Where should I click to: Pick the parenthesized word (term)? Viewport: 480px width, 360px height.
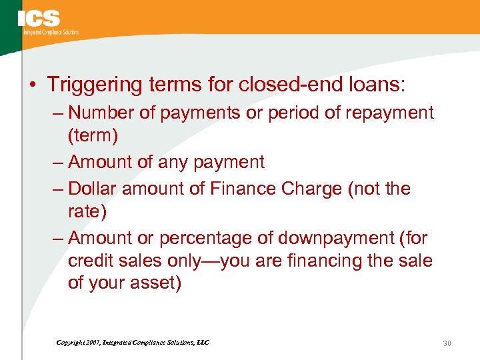pyautogui.click(x=93, y=136)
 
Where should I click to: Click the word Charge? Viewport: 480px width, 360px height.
pyautogui.click(x=311, y=189)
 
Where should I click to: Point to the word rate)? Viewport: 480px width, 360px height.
pyautogui.click(x=87, y=212)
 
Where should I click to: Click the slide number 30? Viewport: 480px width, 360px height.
pyautogui.click(x=447, y=343)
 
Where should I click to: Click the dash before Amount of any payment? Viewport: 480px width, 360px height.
pyautogui.click(x=57, y=162)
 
